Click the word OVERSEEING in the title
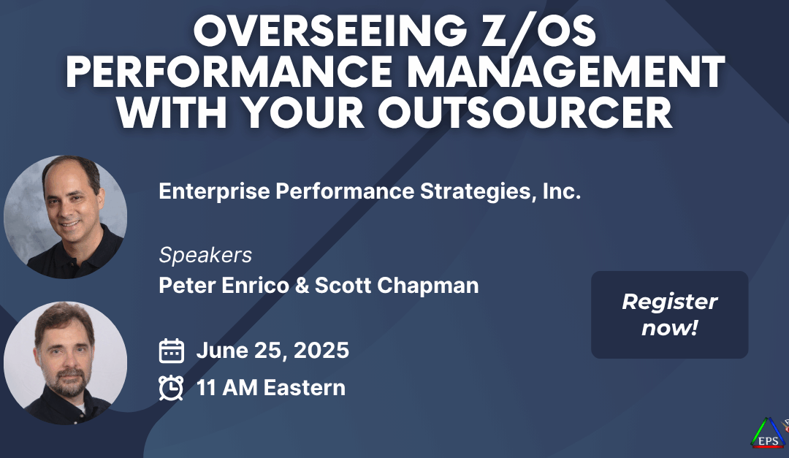330,31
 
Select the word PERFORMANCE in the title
229,72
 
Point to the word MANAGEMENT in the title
566,72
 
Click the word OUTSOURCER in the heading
525,112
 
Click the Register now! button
669,315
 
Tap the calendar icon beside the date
171,351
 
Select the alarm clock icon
171,388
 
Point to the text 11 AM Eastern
271,388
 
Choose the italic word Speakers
205,255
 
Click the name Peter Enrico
224,286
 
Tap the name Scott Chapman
397,286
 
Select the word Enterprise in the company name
214,192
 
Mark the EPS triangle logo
768,433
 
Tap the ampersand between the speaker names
302,286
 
